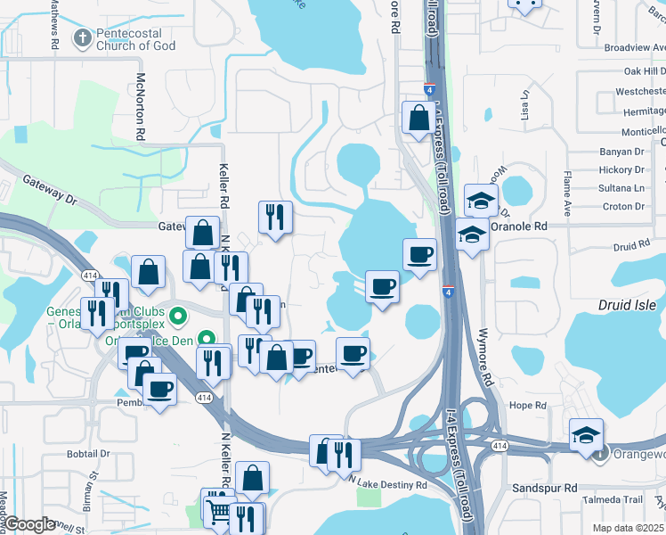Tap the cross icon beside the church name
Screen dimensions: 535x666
click(x=82, y=38)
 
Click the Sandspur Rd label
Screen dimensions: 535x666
click(x=546, y=489)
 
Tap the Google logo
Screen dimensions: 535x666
click(x=29, y=524)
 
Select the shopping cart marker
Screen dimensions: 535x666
click(x=217, y=509)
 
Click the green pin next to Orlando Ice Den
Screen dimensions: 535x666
click(x=207, y=339)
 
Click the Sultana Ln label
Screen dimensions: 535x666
click(x=621, y=188)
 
